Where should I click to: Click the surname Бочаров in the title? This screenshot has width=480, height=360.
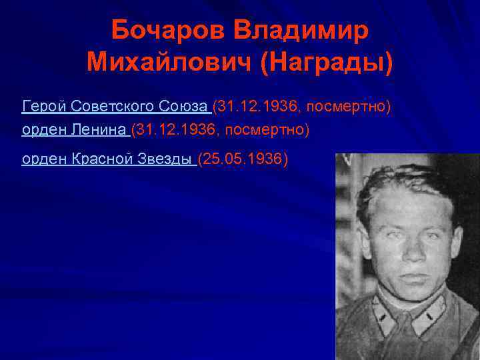(x=159, y=30)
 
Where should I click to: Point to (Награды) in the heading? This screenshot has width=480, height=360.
(x=327, y=63)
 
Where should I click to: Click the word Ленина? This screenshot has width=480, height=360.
(x=99, y=130)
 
